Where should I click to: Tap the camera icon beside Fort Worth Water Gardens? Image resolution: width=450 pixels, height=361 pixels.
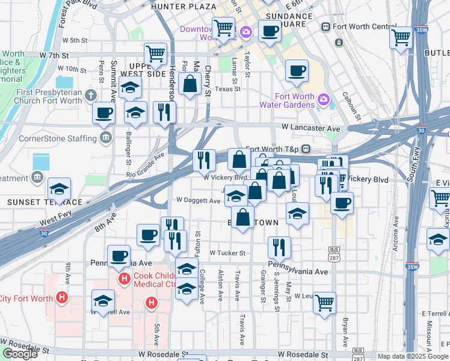pos(324,99)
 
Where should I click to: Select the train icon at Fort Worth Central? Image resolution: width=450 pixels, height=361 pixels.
pos(326,26)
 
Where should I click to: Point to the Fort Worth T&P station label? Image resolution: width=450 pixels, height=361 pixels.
pos(273,149)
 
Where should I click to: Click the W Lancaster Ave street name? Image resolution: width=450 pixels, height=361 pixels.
pos(310,128)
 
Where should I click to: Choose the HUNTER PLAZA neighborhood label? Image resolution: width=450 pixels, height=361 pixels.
pos(184,7)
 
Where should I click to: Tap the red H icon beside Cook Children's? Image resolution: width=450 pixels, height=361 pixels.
pos(125,279)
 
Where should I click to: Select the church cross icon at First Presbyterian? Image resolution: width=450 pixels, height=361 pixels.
pos(91,95)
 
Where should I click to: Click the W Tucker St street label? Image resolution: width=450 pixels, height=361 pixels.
pos(227,253)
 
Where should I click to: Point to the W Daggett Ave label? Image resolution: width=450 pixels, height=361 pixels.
pos(198,200)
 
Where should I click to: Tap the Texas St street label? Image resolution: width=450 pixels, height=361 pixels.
pos(227,88)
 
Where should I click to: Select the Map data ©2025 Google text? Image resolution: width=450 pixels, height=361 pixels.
pos(413,356)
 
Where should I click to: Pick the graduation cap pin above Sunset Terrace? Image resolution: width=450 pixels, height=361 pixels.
pos(59,188)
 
